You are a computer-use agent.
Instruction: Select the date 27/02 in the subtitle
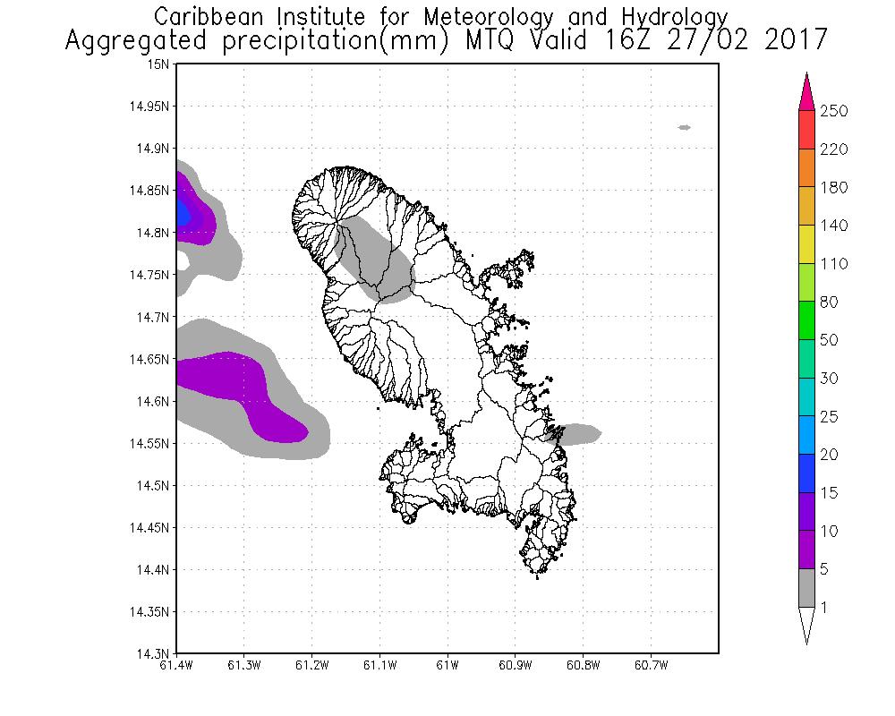coord(716,40)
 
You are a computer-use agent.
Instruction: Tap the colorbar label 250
coord(833,111)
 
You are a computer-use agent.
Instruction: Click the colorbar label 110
coord(833,264)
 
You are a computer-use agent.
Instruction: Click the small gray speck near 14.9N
coord(685,127)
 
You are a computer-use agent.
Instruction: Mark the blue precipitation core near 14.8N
coord(183,213)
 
